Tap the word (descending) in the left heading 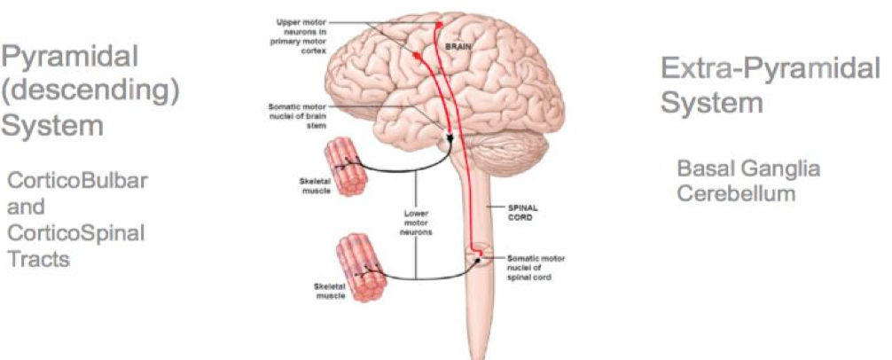pos(90,91)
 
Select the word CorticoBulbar pos(77,181)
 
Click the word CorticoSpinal pos(75,233)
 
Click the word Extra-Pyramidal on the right pos(771,70)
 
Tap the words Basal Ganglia pos(748,168)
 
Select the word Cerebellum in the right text pos(736,192)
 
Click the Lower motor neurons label pos(415,223)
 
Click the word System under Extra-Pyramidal pos(712,102)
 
